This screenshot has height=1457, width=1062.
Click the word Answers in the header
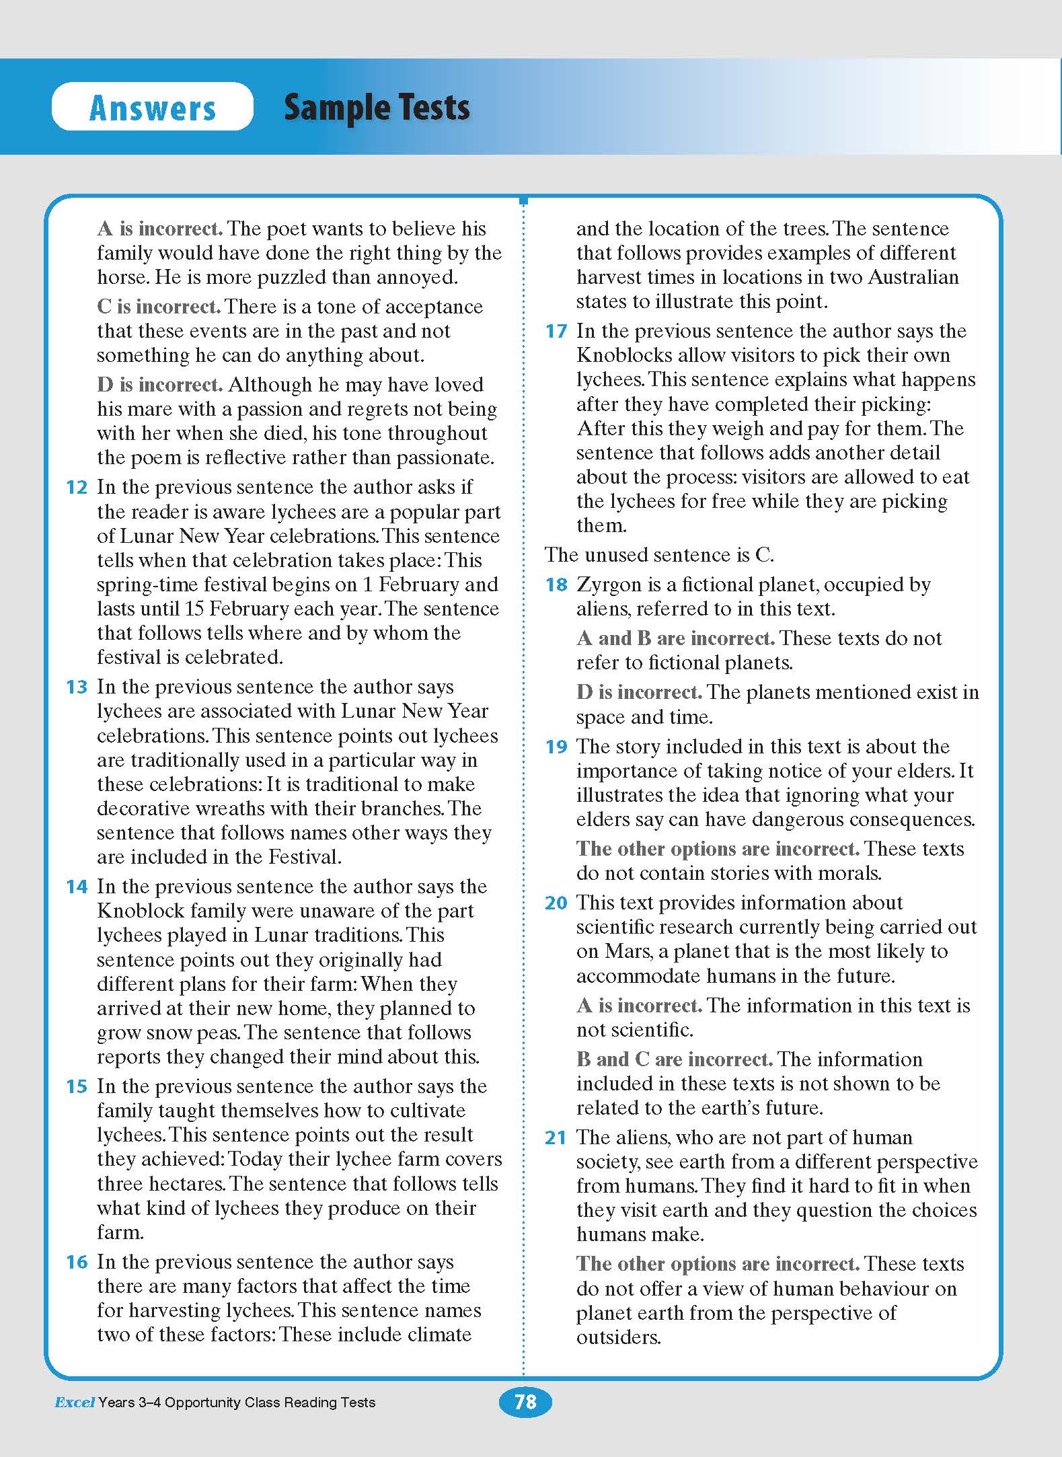pos(153,108)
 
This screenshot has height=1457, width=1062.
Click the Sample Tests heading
pos(377,108)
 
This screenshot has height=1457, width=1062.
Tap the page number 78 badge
pos(525,1401)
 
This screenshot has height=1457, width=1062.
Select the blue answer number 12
pos(77,487)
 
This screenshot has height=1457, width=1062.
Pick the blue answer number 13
pos(77,687)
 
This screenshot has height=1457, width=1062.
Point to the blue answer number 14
pos(77,887)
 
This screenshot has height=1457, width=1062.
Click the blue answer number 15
pos(77,1086)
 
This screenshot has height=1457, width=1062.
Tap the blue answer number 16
pos(77,1262)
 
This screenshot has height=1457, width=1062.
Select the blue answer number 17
pos(556,331)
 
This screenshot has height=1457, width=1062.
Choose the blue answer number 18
pos(556,585)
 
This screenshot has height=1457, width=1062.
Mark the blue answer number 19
pos(556,747)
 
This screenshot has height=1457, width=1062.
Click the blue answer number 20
pos(556,903)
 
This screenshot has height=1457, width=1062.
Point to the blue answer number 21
pos(556,1137)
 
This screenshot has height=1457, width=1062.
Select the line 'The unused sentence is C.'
pos(659,555)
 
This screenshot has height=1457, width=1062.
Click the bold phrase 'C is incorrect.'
pos(159,307)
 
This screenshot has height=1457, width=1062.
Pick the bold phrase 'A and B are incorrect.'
pos(675,638)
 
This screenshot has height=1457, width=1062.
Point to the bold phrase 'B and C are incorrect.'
pos(674,1059)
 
